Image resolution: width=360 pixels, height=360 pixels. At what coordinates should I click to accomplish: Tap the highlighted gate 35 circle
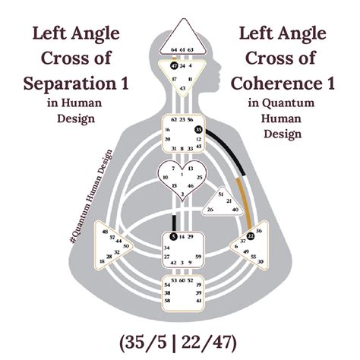coord(198,130)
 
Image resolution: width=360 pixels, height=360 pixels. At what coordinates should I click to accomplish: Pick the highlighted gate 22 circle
coord(251,236)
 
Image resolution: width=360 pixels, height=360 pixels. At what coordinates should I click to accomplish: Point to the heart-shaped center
coord(179,179)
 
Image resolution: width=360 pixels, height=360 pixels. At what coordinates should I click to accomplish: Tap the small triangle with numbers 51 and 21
coord(221,202)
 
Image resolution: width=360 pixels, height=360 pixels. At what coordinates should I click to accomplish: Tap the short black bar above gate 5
coord(174,222)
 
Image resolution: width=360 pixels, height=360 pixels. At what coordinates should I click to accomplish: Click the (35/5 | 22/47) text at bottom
coord(180,336)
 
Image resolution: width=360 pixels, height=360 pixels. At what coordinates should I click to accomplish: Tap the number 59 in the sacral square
coord(197,257)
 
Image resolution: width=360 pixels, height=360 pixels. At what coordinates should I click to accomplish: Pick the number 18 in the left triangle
coord(102,261)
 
